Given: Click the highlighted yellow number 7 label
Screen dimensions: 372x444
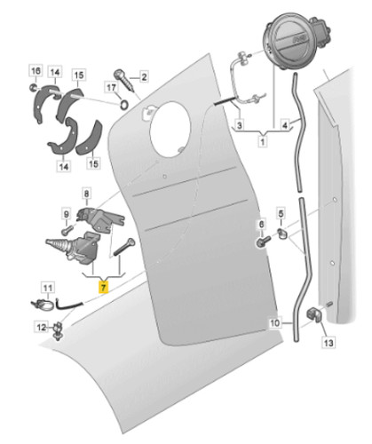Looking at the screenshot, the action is click(103, 287).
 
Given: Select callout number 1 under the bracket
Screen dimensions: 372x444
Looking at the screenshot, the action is click(263, 141).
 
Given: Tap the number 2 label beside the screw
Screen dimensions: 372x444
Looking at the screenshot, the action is click(144, 77).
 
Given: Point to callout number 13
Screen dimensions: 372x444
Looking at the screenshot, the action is click(328, 343).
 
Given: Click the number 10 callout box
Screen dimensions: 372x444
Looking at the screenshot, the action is click(274, 322).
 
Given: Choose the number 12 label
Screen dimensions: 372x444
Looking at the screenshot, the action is click(41, 327).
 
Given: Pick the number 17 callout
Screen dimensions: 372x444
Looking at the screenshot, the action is click(111, 88).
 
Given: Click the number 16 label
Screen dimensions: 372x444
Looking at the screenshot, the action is click(36, 71).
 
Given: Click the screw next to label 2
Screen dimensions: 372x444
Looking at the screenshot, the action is click(124, 79).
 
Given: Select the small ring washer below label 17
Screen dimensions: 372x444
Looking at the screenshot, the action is click(124, 104).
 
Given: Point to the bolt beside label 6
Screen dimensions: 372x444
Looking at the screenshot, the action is click(263, 241).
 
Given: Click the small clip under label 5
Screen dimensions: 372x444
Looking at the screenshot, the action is click(282, 233).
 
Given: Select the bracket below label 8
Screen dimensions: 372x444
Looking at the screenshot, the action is click(99, 218).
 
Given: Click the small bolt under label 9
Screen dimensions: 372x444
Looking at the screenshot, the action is click(67, 230).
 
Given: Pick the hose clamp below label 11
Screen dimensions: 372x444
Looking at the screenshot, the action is click(43, 305).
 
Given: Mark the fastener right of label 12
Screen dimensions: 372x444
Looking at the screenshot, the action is click(59, 330).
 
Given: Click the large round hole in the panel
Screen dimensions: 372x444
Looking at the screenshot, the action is click(170, 129).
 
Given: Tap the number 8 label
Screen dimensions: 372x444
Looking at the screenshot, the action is click(86, 194).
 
